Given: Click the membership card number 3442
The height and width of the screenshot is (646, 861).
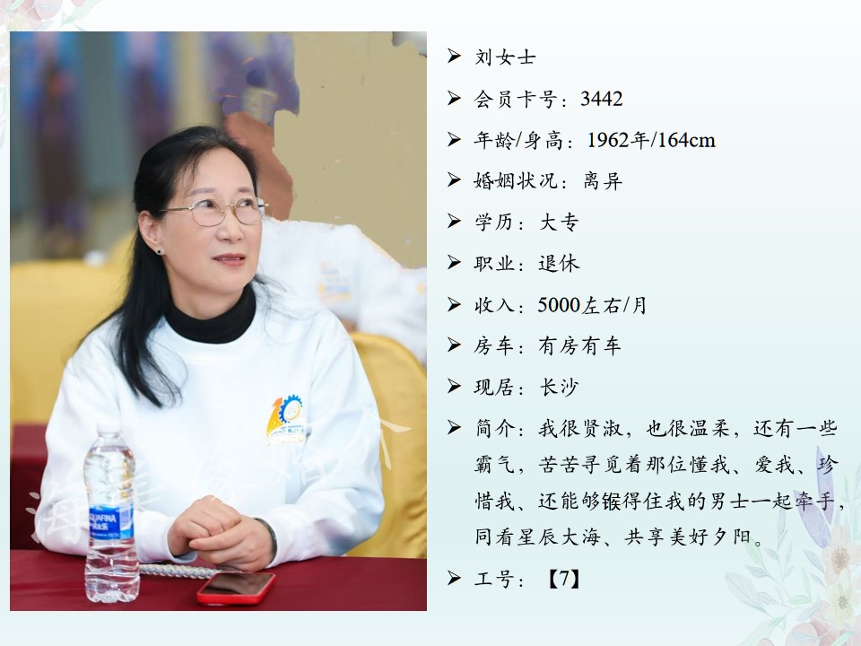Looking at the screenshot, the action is [x=601, y=99].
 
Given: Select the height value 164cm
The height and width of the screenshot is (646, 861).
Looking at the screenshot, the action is [x=686, y=140].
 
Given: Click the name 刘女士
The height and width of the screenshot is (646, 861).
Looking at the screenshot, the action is [x=505, y=57].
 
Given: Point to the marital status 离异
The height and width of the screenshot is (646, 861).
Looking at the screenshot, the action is [x=603, y=180].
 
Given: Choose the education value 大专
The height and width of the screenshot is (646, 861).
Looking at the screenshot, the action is [x=559, y=222].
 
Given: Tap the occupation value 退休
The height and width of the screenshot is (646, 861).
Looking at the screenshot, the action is [x=559, y=263].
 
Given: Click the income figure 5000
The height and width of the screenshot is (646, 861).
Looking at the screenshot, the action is [x=559, y=305].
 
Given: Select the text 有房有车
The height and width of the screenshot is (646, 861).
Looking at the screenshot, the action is [x=580, y=346].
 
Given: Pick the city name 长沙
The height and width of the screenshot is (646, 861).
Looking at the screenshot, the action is [x=559, y=388].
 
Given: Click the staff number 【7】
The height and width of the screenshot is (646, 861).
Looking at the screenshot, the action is [x=563, y=579].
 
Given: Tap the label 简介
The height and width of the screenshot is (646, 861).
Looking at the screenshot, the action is [x=495, y=429].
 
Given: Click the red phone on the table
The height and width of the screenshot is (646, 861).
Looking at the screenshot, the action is [x=236, y=588].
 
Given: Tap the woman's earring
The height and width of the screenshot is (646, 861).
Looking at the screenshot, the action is [x=160, y=251].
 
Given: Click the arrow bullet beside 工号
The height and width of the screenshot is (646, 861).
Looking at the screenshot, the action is [x=454, y=578].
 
